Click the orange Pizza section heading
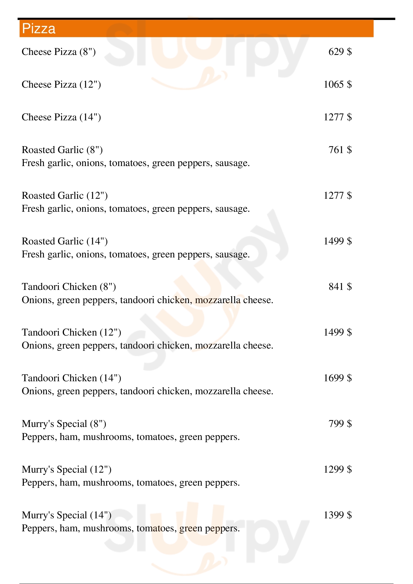pyautogui.click(x=39, y=28)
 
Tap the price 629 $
pyautogui.click(x=340, y=52)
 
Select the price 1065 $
pyautogui.click(x=338, y=84)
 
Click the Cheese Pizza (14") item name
pyautogui.click(x=61, y=117)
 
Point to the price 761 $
pyautogui.click(x=340, y=150)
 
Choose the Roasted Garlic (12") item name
pyautogui.click(x=65, y=195)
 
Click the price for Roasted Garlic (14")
pyautogui.click(x=338, y=241)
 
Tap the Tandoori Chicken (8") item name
pyautogui.click(x=69, y=287)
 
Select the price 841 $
pyautogui.click(x=340, y=287)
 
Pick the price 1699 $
pyautogui.click(x=338, y=378)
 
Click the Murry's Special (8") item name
pyautogui.click(x=64, y=424)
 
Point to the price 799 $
pyautogui.click(x=340, y=423)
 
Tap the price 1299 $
pyautogui.click(x=338, y=469)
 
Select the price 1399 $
pyautogui.click(x=338, y=515)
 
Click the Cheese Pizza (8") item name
pyautogui.click(x=59, y=52)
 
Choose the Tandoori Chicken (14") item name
pyautogui.click(x=71, y=378)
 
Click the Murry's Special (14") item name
pyautogui.click(x=67, y=515)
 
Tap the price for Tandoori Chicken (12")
pyautogui.click(x=338, y=332)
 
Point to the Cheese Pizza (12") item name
pyautogui.click(x=61, y=84)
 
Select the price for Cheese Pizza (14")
pyautogui.click(x=338, y=117)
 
